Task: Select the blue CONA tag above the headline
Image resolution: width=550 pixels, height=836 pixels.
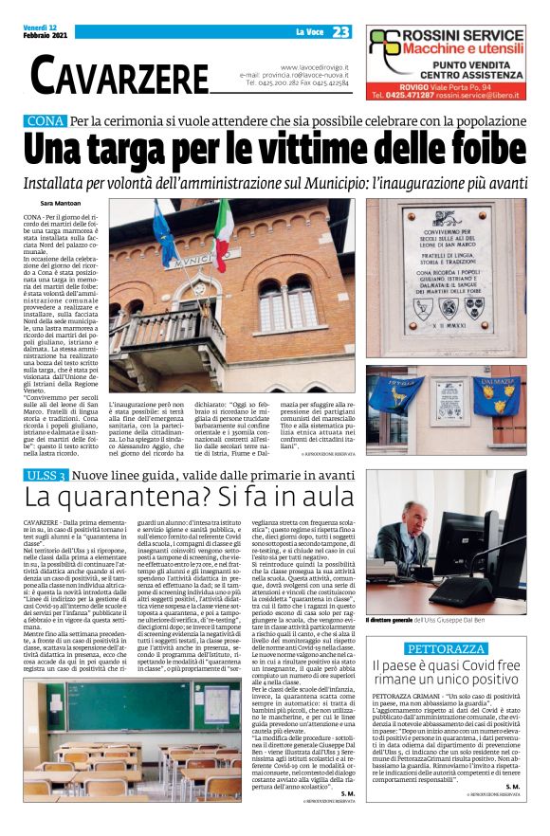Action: [45, 120]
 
